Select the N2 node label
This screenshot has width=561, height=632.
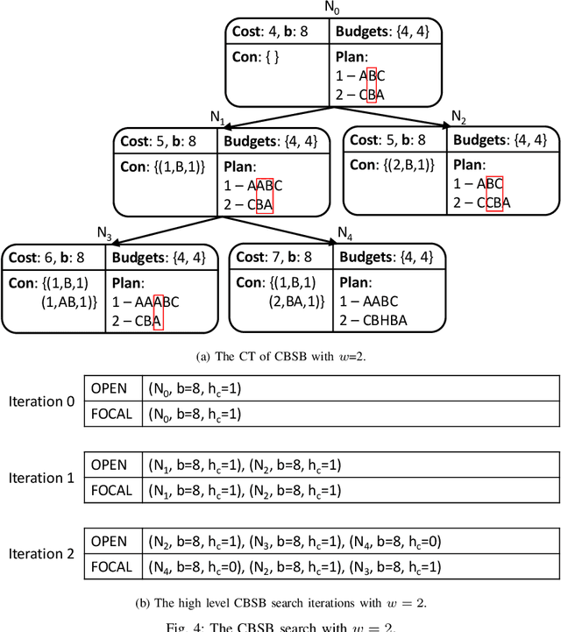tap(458, 117)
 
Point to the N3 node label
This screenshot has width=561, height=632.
tap(103, 233)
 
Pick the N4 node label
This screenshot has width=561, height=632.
tap(345, 233)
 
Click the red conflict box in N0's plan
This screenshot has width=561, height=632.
tap(371, 76)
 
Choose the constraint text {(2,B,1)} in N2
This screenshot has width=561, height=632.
tap(387, 164)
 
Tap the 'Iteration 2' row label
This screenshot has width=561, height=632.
tap(41, 554)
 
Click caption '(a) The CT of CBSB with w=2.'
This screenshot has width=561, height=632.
tap(280, 356)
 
